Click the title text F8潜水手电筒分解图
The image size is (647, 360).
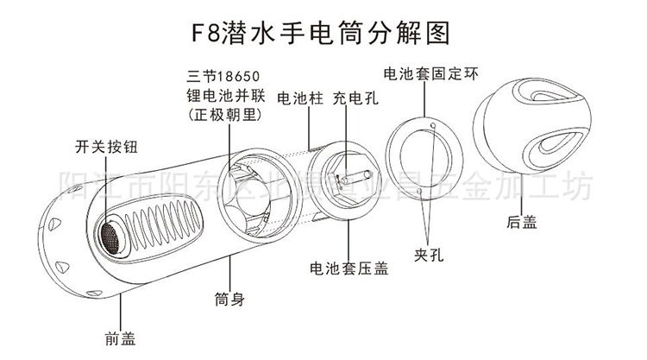[323, 32]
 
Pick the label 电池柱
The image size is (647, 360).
[299, 99]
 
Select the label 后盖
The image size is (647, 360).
[522, 222]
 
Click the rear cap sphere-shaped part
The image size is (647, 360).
[525, 142]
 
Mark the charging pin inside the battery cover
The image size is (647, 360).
[345, 177]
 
